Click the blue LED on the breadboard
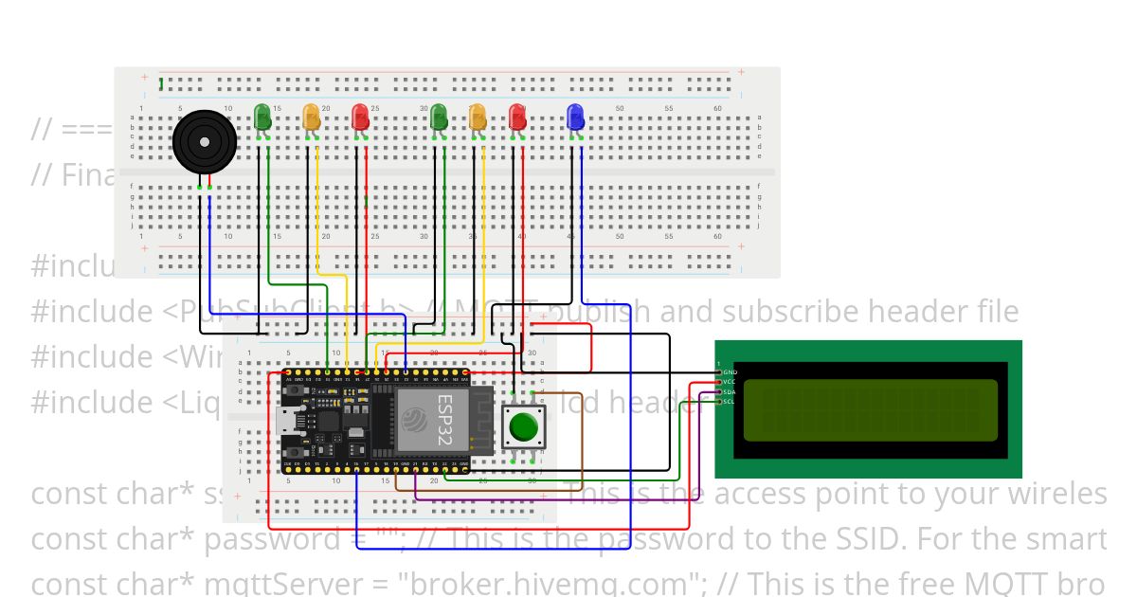tap(574, 118)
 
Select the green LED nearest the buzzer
tap(263, 117)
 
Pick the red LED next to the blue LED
tap(516, 118)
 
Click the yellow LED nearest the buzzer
tap(311, 117)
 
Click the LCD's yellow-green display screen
tap(871, 410)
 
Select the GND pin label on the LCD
tap(730, 372)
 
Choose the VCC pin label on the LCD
tap(730, 382)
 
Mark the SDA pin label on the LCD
tap(730, 392)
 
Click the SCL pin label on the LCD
tap(730, 402)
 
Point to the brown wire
tap(581, 445)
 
